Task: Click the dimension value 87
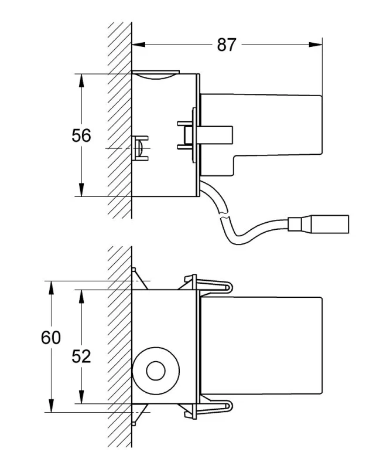[226, 45]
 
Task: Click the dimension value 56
[81, 135]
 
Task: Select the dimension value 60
[51, 338]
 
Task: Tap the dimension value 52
[81, 356]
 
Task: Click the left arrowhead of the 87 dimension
[138, 45]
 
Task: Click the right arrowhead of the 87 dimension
[316, 45]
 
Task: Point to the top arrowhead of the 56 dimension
[81, 81]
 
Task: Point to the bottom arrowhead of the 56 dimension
[81, 189]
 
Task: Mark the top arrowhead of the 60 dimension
[51, 288]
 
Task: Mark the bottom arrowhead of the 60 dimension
[51, 406]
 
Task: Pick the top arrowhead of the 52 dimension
[81, 297]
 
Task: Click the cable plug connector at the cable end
[319, 224]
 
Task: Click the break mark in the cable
[224, 215]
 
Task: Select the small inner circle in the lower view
[156, 371]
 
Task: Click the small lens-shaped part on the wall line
[139, 148]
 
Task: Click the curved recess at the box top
[155, 76]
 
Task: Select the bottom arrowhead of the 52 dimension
[81, 397]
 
